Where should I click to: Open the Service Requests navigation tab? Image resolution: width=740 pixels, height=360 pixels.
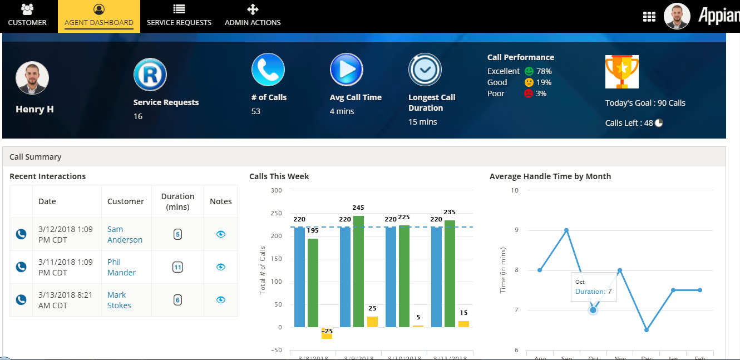point(179,16)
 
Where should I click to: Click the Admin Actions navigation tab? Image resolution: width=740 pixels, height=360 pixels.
point(253,16)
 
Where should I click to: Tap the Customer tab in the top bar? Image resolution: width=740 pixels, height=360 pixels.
point(27,16)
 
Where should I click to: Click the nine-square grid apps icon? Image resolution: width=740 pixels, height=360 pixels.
point(649,17)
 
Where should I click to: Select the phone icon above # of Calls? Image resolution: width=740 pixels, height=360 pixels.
point(268,70)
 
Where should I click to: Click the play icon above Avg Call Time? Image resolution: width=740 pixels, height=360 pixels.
point(346,70)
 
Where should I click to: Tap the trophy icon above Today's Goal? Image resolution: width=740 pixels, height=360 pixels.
point(621,72)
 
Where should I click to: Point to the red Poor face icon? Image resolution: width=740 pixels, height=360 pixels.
point(528,93)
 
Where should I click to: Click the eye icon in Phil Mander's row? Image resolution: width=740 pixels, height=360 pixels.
point(221,267)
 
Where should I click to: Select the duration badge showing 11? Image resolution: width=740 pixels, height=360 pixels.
point(177,267)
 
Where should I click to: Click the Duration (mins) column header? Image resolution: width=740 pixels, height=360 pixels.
point(177,201)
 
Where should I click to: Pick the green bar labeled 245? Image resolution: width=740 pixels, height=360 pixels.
point(358,271)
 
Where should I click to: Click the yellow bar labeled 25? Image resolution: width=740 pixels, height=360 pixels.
point(372,322)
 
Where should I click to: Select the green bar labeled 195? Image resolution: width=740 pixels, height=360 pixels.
point(313,283)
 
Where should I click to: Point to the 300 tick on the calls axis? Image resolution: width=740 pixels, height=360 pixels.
point(276,190)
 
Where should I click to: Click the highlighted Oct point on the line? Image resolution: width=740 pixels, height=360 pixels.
point(593,310)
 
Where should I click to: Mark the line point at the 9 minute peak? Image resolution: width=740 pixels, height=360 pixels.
point(566,230)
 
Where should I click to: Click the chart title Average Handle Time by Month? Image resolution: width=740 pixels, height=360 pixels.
point(550,176)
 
